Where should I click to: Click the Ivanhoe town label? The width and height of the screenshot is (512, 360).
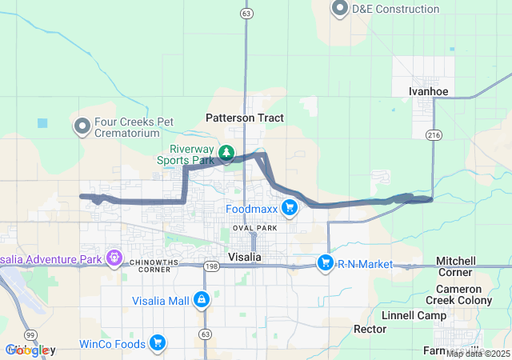428,91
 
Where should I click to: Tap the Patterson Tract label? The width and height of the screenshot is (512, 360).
245,118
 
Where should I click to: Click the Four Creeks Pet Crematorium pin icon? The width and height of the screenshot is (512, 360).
82,126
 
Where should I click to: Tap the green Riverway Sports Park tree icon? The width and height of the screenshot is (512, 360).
226,152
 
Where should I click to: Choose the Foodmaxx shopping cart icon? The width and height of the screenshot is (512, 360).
289,210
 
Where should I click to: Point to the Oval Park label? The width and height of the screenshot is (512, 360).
254,228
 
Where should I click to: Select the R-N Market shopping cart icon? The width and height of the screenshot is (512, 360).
325,262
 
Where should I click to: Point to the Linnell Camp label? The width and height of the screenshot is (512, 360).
414,315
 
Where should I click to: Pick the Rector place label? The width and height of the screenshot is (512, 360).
370,329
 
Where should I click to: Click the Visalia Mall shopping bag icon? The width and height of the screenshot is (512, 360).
202,301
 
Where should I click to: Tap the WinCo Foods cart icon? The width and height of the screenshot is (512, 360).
158,344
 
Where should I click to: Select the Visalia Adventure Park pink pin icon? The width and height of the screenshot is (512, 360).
115,258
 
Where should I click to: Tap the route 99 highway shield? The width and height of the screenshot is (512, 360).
30,334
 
